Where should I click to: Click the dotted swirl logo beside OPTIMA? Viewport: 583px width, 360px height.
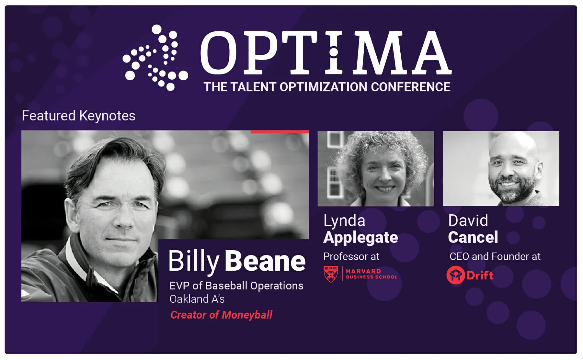coord(155,57)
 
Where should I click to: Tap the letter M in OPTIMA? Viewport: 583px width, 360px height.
coord(378,52)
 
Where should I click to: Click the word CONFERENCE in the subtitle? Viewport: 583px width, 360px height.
coord(410,87)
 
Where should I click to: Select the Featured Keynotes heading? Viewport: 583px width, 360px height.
coord(79,116)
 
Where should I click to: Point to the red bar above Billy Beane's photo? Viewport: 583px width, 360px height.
coord(280,132)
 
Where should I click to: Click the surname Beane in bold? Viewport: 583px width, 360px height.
coord(265,261)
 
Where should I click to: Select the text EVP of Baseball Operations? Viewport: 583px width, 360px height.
coord(236,286)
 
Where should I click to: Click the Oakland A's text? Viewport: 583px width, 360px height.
coord(197,299)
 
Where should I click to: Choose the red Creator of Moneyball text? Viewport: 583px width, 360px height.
coord(221,315)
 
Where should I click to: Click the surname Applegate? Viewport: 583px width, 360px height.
coord(360,238)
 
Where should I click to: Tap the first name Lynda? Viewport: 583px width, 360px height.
coord(344,221)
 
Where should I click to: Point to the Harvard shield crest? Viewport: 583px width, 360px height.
coord(331,274)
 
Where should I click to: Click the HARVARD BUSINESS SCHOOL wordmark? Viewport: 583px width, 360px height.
coord(372,274)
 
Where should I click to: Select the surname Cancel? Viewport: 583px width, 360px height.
coord(473,237)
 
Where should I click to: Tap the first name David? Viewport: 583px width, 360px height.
coord(468,221)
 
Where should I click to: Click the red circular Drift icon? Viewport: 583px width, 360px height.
coord(455,275)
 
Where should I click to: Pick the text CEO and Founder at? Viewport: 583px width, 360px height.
coord(495,256)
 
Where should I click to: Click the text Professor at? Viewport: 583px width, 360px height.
coord(351,256)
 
